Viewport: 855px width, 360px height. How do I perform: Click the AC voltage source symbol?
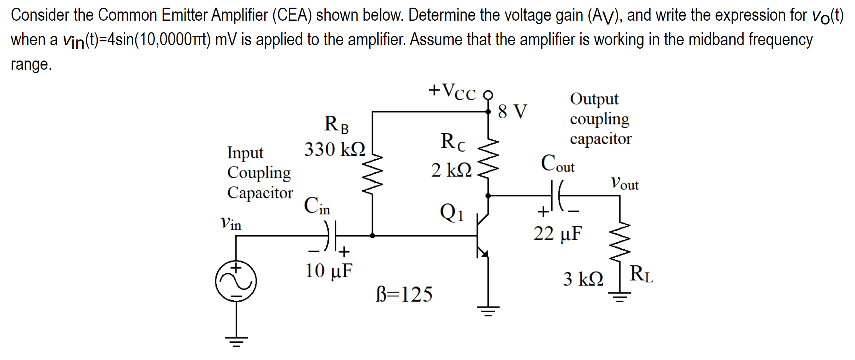(236, 281)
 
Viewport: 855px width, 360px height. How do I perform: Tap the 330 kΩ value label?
(334, 149)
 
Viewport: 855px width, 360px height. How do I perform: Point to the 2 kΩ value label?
(451, 170)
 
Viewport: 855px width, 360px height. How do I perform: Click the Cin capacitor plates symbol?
(332, 236)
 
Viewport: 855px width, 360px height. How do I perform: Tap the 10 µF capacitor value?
(329, 271)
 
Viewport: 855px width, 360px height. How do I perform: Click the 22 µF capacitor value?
(558, 233)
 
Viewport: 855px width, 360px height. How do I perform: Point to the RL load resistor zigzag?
(620, 240)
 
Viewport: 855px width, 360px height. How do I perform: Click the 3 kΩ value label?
(583, 279)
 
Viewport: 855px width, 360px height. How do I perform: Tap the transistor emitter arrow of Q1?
(484, 253)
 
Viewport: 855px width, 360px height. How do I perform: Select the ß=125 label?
(404, 294)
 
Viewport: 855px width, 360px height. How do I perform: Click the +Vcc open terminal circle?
(488, 95)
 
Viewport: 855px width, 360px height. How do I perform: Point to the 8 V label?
(513, 111)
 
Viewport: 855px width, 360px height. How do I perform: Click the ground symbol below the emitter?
(488, 311)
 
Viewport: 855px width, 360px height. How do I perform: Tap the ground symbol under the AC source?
(236, 341)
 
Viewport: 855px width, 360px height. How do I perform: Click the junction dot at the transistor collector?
(488, 195)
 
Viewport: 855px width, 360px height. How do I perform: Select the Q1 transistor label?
(451, 213)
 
